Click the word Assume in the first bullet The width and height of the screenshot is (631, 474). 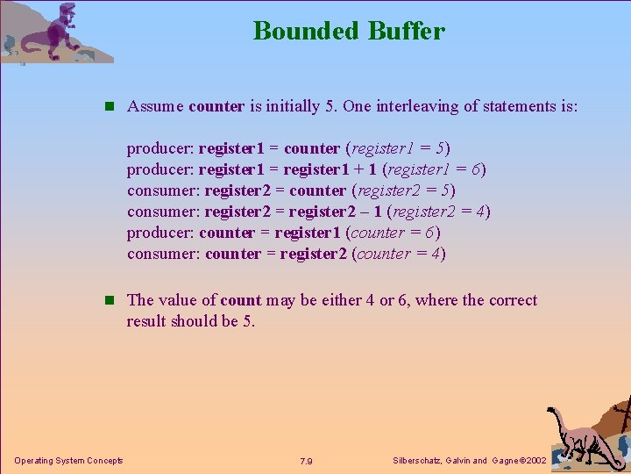pos(155,106)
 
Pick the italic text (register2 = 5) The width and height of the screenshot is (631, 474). pos(403,190)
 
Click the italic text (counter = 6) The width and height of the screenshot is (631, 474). pos(393,233)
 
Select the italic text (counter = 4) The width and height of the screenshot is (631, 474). pos(399,254)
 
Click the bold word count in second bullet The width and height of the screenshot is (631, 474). pos(241,300)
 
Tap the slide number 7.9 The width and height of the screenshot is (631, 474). pos(307,461)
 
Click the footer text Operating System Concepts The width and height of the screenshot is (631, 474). pos(68,461)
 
